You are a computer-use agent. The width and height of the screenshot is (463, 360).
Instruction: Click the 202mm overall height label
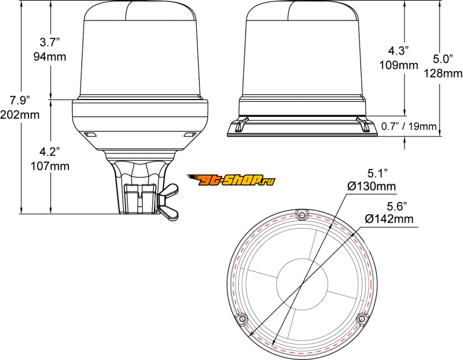[20, 115]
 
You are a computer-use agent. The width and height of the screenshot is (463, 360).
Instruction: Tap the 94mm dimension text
[50, 56]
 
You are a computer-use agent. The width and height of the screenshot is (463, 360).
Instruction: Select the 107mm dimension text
[50, 166]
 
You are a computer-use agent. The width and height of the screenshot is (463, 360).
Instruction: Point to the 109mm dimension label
[399, 65]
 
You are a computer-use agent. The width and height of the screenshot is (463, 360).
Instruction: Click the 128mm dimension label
[443, 74]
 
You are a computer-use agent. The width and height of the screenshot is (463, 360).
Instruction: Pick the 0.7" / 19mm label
[409, 126]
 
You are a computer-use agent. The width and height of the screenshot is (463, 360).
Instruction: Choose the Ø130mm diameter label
[372, 186]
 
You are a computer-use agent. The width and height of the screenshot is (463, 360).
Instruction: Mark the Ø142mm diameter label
[389, 219]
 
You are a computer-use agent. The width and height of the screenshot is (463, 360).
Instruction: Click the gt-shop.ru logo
[231, 179]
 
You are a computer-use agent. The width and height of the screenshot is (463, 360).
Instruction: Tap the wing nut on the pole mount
[168, 202]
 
